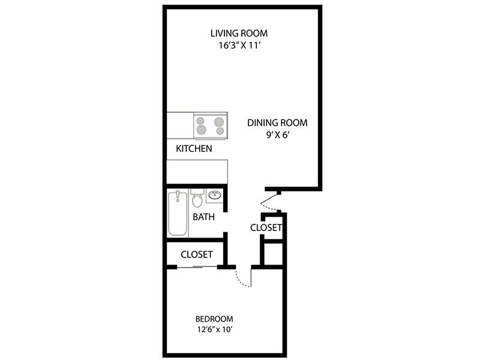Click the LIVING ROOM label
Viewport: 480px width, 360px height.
(x=239, y=33)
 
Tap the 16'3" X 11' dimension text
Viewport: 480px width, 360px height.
(x=239, y=46)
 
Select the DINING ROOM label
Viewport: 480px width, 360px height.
(x=277, y=123)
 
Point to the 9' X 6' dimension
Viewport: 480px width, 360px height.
(x=278, y=135)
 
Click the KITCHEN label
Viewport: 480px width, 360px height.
(x=194, y=149)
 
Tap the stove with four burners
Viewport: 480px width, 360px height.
(x=211, y=126)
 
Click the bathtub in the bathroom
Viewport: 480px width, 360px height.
(x=178, y=213)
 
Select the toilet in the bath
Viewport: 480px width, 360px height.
(x=197, y=198)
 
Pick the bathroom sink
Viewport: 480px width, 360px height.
(x=214, y=195)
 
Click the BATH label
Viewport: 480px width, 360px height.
(x=203, y=217)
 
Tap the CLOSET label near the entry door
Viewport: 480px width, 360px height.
(x=266, y=228)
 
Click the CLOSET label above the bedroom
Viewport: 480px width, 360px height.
(x=197, y=254)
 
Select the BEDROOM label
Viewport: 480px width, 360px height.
(x=214, y=319)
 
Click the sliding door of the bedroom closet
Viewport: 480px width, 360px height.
(x=197, y=267)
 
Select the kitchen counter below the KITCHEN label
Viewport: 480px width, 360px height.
(x=197, y=172)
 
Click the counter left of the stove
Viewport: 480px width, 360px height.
(x=180, y=125)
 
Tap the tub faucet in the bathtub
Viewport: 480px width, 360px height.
(x=178, y=196)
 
